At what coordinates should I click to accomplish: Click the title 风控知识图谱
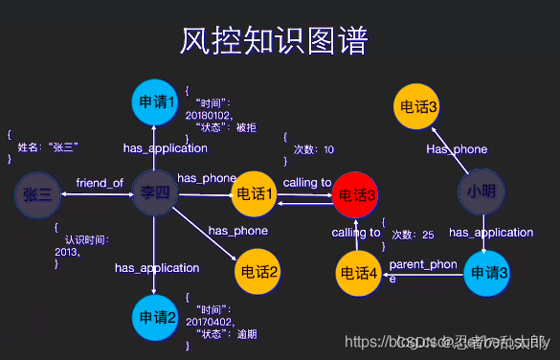[275, 42]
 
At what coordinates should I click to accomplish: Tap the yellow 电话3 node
[418, 105]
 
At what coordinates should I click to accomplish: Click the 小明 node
[482, 191]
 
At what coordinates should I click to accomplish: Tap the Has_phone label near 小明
[457, 149]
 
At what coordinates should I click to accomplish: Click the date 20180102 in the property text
[209, 114]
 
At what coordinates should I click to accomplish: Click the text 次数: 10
[314, 149]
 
